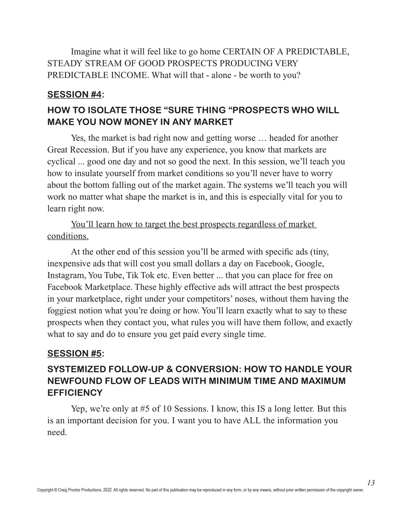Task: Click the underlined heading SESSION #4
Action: pos(74,94)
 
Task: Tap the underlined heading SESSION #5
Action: pos(74,353)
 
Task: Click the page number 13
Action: pos(371,483)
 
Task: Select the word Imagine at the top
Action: pos(86,52)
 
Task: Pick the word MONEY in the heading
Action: pos(140,122)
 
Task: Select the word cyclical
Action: pos(61,162)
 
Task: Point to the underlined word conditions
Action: pos(68,236)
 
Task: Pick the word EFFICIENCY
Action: pos(75,393)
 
